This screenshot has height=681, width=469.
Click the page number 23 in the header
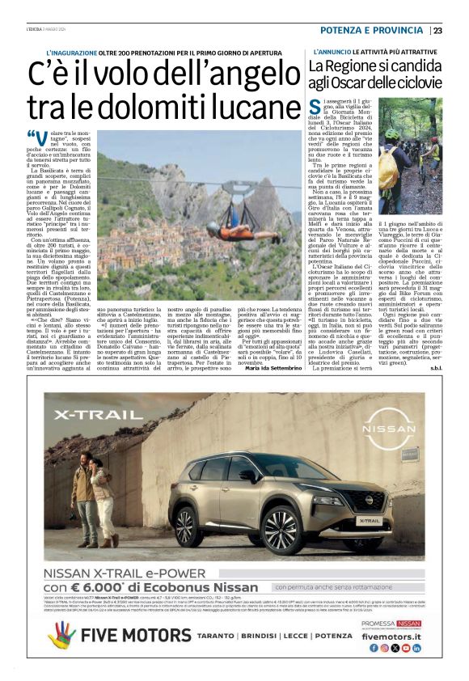point(437,31)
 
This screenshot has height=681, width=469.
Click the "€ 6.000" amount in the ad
point(104,587)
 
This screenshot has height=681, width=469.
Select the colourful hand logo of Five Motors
point(61,636)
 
